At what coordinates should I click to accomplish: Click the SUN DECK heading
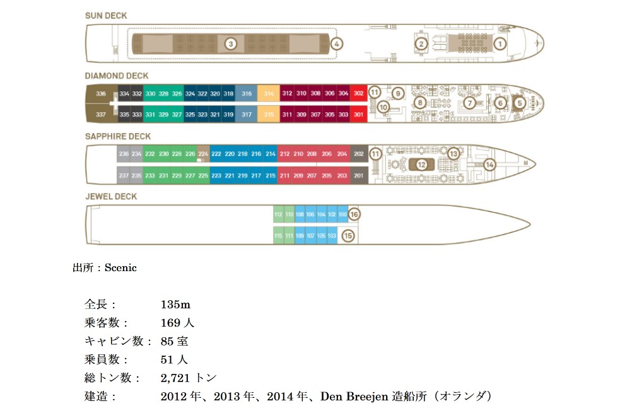click(105, 15)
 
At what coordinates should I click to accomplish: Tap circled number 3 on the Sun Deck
click(231, 44)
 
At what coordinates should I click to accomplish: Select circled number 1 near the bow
click(500, 44)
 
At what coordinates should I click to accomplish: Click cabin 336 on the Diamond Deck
click(100, 94)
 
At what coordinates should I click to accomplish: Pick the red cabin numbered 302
click(359, 94)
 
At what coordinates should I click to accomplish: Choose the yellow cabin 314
click(269, 94)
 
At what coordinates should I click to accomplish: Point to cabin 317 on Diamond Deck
click(247, 115)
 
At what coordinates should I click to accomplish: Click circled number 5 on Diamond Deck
click(520, 103)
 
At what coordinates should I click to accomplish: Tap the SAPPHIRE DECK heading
click(118, 136)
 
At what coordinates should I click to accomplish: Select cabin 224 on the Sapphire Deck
click(203, 154)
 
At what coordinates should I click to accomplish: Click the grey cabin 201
click(359, 175)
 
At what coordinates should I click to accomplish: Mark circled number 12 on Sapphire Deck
click(422, 165)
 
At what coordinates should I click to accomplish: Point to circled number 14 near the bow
click(489, 165)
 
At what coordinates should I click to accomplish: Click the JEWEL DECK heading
click(111, 196)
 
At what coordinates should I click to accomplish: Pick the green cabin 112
click(278, 214)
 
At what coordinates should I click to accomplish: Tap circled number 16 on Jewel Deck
click(354, 214)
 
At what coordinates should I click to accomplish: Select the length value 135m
click(175, 305)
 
